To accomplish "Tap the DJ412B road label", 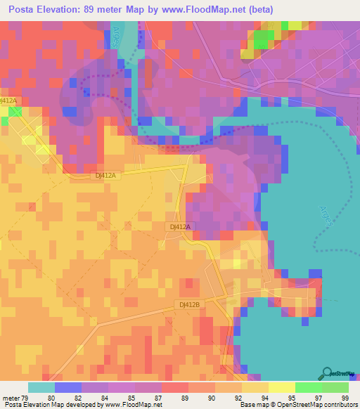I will [x=188, y=304].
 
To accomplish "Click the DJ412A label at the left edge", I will [x=8, y=101].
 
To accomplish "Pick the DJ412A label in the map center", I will [x=181, y=227].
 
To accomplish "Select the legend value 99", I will [x=345, y=398].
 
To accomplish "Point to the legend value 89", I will [x=185, y=398].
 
